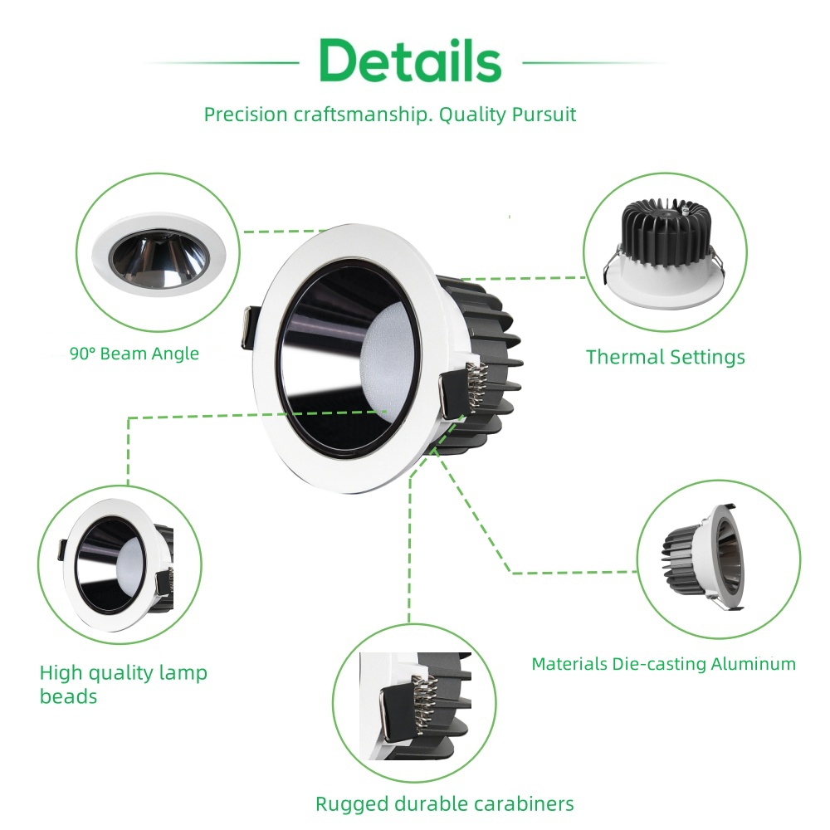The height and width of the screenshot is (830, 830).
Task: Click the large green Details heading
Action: [410, 61]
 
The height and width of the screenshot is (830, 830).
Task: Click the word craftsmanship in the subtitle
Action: [359, 115]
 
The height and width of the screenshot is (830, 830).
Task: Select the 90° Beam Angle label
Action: [134, 354]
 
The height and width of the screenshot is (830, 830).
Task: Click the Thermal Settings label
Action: [666, 357]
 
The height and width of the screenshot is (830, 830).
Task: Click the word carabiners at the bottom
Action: [524, 803]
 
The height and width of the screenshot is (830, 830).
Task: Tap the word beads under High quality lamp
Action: [68, 696]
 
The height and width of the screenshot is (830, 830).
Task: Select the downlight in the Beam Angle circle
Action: [159, 254]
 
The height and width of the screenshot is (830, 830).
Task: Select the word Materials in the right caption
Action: [569, 664]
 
